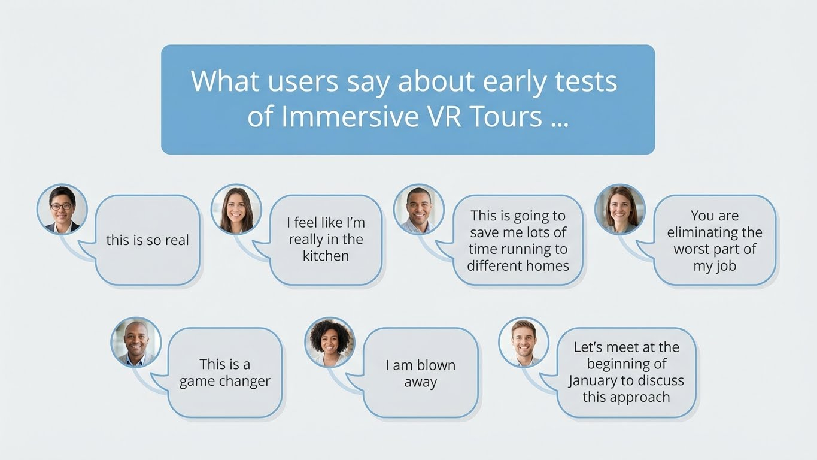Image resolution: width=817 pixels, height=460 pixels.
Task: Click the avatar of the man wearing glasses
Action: [x=62, y=209]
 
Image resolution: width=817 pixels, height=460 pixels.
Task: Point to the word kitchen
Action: [x=326, y=256]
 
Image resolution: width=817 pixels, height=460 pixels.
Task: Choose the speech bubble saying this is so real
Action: [x=147, y=240]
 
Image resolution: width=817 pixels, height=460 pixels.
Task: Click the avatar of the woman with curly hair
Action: [x=329, y=342]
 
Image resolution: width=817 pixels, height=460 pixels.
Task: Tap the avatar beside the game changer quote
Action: [x=136, y=342]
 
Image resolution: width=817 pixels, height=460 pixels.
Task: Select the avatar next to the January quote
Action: [x=524, y=342]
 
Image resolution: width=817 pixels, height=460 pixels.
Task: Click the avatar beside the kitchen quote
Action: [x=236, y=209]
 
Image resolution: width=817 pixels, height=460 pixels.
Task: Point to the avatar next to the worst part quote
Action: [x=619, y=209]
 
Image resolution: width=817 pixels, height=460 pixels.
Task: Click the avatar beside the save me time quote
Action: [x=418, y=209]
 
